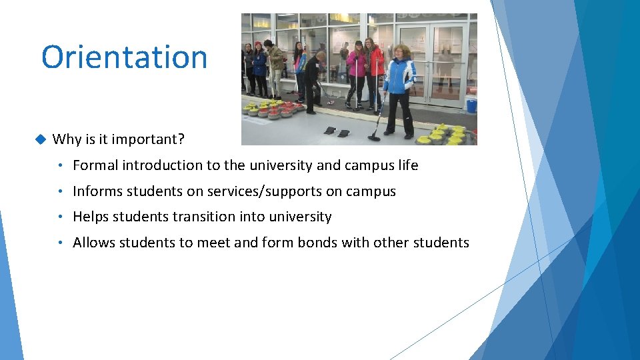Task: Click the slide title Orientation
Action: (125, 57)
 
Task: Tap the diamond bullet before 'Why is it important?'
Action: (39, 139)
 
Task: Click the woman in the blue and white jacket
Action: (399, 87)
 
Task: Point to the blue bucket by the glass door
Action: (471, 105)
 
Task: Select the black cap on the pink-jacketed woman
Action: (358, 43)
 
